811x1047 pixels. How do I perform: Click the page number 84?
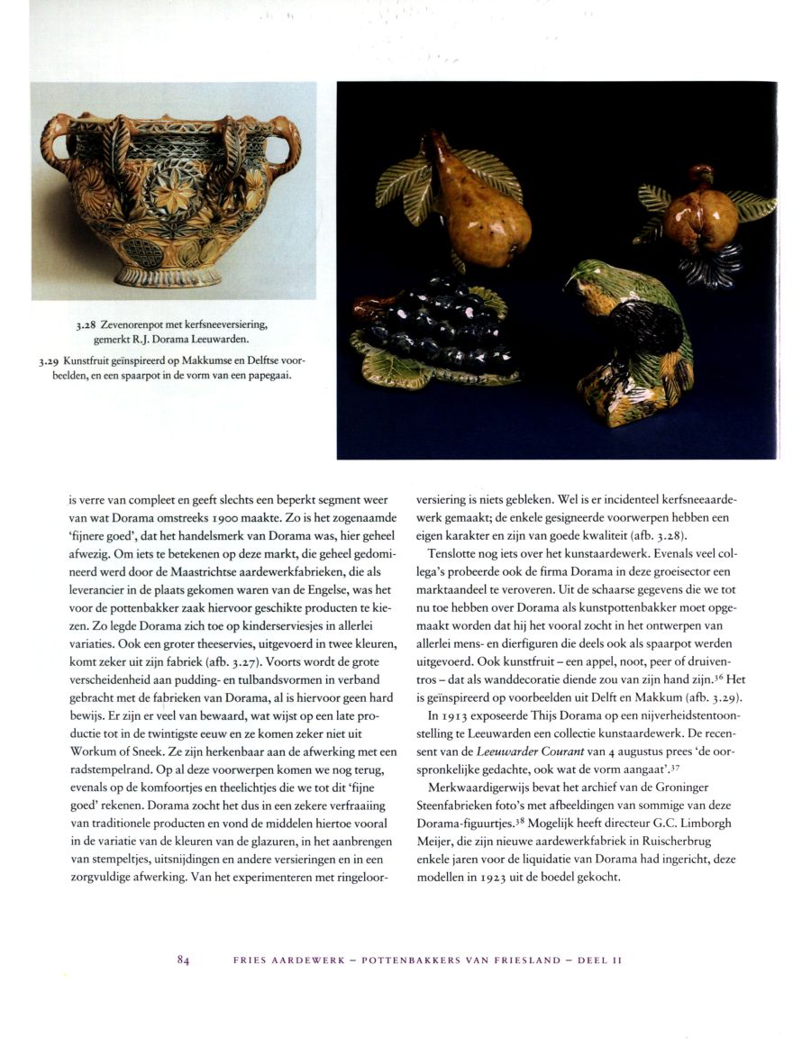pos(183,961)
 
